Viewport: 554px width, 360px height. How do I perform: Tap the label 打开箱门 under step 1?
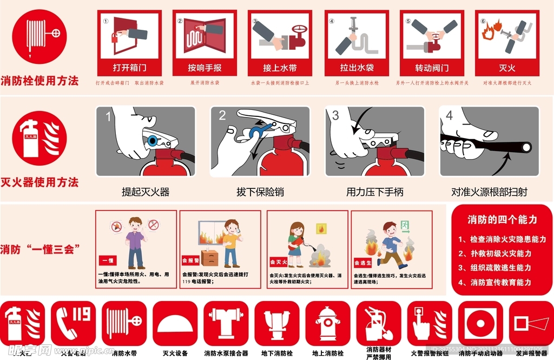tap(129, 68)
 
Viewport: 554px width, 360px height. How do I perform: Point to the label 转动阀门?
tap(432, 68)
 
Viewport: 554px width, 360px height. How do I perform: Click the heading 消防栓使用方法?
tap(39, 81)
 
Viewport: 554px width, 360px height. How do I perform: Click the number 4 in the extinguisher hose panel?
tap(449, 116)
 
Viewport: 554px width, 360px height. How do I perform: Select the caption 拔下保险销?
tap(260, 192)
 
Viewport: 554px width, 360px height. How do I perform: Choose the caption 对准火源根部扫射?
tap(489, 192)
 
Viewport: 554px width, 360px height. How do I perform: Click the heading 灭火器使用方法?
tap(39, 182)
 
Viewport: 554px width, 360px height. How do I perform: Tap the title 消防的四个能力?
tap(502, 219)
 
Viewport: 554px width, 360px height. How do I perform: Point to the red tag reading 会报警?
tap(190, 259)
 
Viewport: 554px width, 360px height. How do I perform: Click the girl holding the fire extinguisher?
tap(295, 244)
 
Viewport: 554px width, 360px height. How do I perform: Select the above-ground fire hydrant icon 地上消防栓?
tap(328, 323)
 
